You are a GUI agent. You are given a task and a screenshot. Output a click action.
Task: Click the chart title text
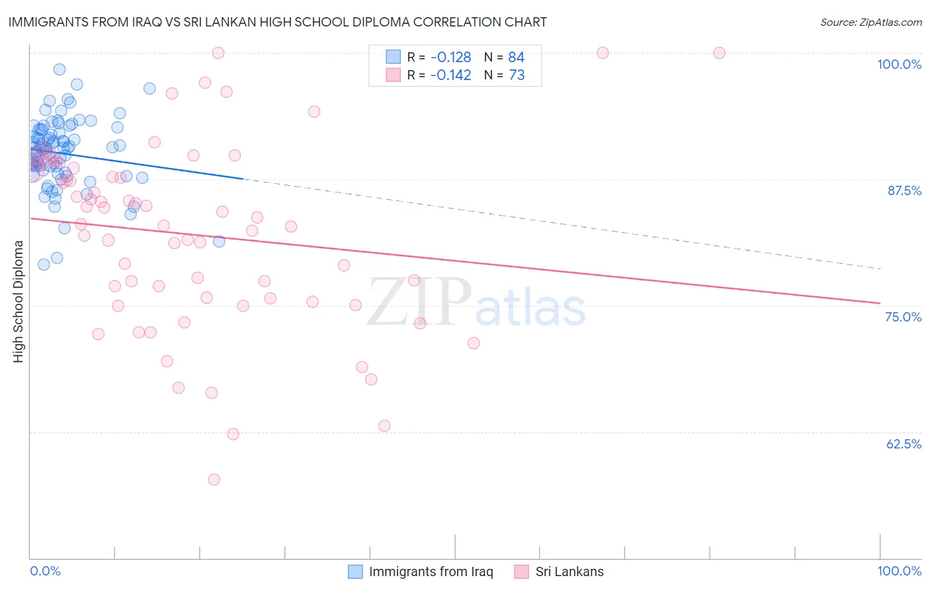[277, 22]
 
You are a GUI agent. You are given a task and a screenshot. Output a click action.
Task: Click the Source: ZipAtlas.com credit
[870, 22]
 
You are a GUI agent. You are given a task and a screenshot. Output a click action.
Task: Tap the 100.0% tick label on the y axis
[899, 64]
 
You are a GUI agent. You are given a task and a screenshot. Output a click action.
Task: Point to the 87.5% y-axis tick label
[904, 190]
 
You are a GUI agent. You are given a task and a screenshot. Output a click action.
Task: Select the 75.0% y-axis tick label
[903, 317]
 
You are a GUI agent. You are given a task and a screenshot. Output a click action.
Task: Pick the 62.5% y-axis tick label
[904, 444]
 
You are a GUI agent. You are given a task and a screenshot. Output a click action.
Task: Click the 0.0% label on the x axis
[45, 571]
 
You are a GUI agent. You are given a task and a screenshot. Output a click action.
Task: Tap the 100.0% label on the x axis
[899, 571]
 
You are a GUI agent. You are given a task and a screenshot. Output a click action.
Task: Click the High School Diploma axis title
[19, 301]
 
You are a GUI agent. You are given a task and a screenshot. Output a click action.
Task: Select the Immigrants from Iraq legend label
[431, 571]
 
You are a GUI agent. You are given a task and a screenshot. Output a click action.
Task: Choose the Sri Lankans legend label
[570, 571]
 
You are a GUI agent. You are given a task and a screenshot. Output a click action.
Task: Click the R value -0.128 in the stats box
[450, 58]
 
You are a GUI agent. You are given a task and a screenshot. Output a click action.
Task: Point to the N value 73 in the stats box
[517, 75]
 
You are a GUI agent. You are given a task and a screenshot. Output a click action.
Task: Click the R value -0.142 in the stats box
[450, 75]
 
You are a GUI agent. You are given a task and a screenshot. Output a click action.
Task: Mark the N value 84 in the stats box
[516, 58]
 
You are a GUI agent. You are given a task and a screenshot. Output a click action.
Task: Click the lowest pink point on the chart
[214, 480]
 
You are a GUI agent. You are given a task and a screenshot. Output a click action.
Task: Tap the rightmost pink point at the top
[719, 53]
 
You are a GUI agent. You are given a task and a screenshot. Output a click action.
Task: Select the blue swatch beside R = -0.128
[394, 57]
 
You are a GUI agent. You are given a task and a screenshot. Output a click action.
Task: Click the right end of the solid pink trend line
[880, 303]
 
